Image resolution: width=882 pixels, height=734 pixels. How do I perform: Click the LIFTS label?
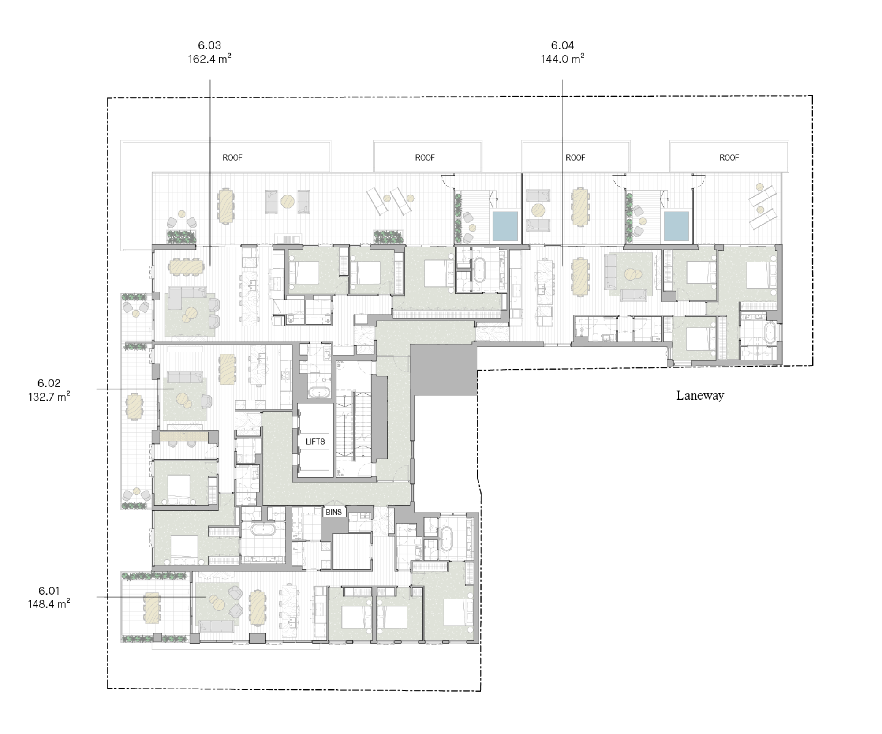(x=315, y=442)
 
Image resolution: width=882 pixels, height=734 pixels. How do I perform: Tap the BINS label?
(x=333, y=512)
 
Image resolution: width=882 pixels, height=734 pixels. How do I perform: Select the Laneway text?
(x=700, y=395)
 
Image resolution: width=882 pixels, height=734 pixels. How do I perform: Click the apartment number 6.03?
(x=209, y=45)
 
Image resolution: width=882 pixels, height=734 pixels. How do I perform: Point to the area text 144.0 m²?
(x=563, y=59)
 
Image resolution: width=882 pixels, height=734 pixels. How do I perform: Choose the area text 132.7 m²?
(x=49, y=396)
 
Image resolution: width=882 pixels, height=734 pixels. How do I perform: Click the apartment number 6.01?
(x=49, y=590)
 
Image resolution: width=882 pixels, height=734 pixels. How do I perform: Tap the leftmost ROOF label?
(x=232, y=157)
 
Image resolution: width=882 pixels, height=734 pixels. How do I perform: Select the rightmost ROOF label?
(x=729, y=157)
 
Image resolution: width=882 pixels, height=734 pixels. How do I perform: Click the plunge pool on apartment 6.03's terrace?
(x=505, y=226)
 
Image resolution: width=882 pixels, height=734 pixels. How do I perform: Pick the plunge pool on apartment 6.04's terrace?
(x=676, y=226)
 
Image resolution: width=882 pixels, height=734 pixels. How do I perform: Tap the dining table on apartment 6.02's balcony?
(x=134, y=407)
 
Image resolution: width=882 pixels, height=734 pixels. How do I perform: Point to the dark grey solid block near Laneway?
(x=443, y=370)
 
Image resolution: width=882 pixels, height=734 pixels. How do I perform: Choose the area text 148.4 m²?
(x=49, y=604)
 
